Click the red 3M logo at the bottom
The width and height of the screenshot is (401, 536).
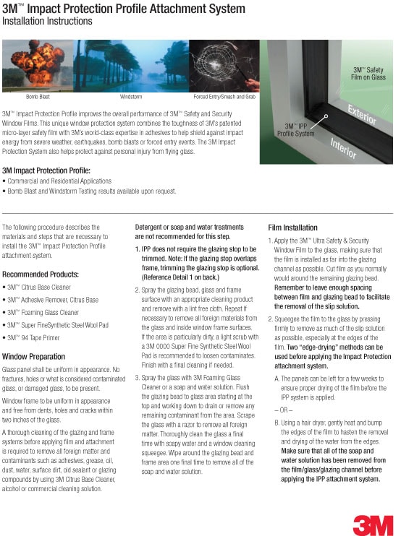point(373,525)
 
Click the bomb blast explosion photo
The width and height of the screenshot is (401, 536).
point(38,66)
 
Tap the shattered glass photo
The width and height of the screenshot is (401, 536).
point(224,66)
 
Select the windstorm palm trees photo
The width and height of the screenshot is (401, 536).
point(131,66)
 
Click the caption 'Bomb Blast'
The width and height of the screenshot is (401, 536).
point(38,97)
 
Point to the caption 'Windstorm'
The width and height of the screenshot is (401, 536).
point(131,97)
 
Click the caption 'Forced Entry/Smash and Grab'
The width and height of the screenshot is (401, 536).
point(224,97)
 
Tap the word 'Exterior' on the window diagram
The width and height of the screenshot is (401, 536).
point(362,115)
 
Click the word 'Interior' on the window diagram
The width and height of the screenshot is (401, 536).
point(343,148)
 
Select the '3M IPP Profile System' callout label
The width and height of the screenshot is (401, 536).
point(295,130)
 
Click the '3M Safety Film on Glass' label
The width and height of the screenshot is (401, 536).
point(368,74)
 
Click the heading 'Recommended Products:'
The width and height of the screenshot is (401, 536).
point(41,275)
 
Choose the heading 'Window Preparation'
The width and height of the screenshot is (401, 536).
point(33,357)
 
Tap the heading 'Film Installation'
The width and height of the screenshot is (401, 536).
point(293,228)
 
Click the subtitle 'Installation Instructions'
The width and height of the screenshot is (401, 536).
point(47,21)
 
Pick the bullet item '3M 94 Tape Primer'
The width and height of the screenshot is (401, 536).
point(33,338)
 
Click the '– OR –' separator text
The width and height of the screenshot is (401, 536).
point(283,410)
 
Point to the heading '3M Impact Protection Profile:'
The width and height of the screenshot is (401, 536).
point(46,170)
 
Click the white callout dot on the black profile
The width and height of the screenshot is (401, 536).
point(326,116)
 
